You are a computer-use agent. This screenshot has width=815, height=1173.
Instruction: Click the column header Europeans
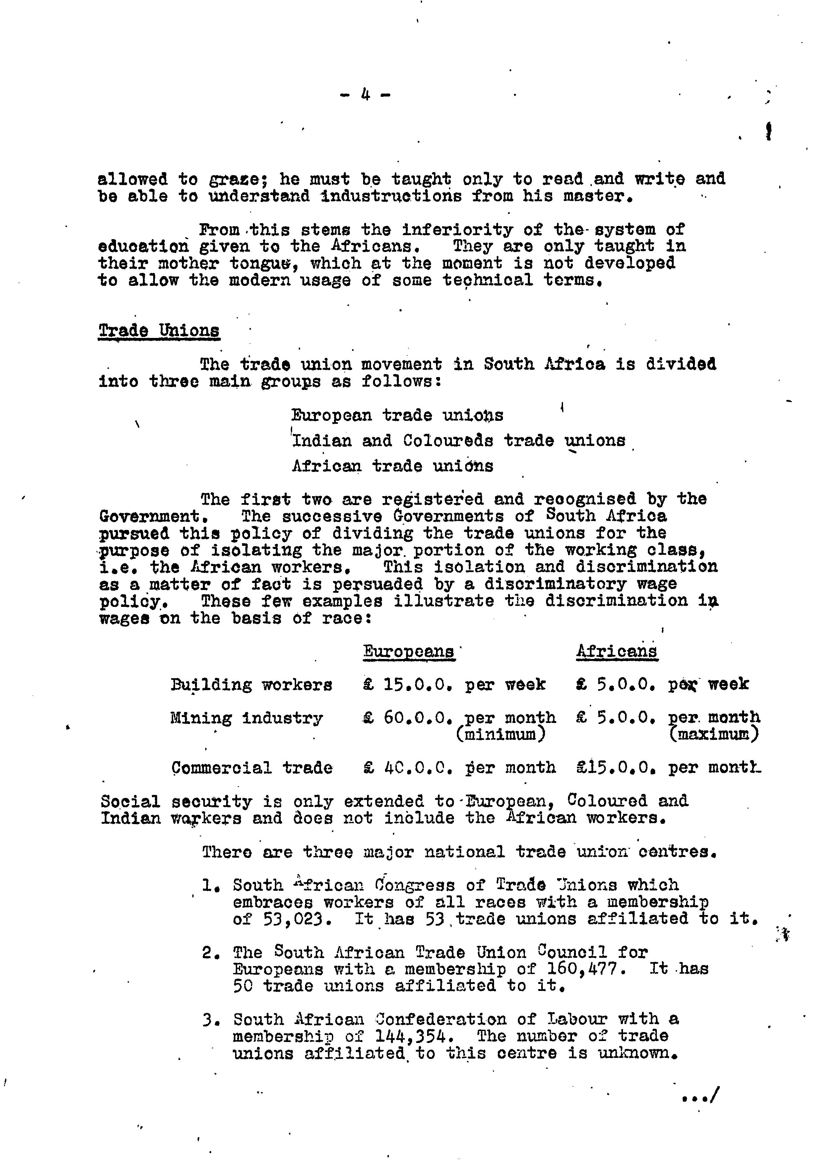tap(408, 652)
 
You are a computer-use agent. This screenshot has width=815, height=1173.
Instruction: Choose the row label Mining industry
tap(247, 719)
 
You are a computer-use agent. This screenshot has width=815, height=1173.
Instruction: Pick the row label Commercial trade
tap(252, 768)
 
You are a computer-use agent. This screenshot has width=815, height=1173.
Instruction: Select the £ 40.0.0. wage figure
tap(408, 768)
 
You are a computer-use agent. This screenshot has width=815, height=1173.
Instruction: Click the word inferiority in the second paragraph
tap(457, 230)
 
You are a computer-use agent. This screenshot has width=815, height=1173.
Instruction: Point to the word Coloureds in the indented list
tap(448, 441)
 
